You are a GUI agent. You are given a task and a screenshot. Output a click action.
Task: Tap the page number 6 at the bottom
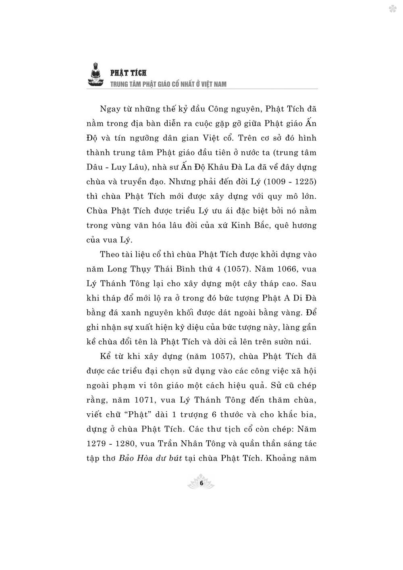(201, 483)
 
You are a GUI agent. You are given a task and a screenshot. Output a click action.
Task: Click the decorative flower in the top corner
(392, 9)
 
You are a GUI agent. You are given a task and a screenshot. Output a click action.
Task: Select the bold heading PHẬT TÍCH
(129, 73)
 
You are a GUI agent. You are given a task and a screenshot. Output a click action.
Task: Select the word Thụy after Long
(146, 269)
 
